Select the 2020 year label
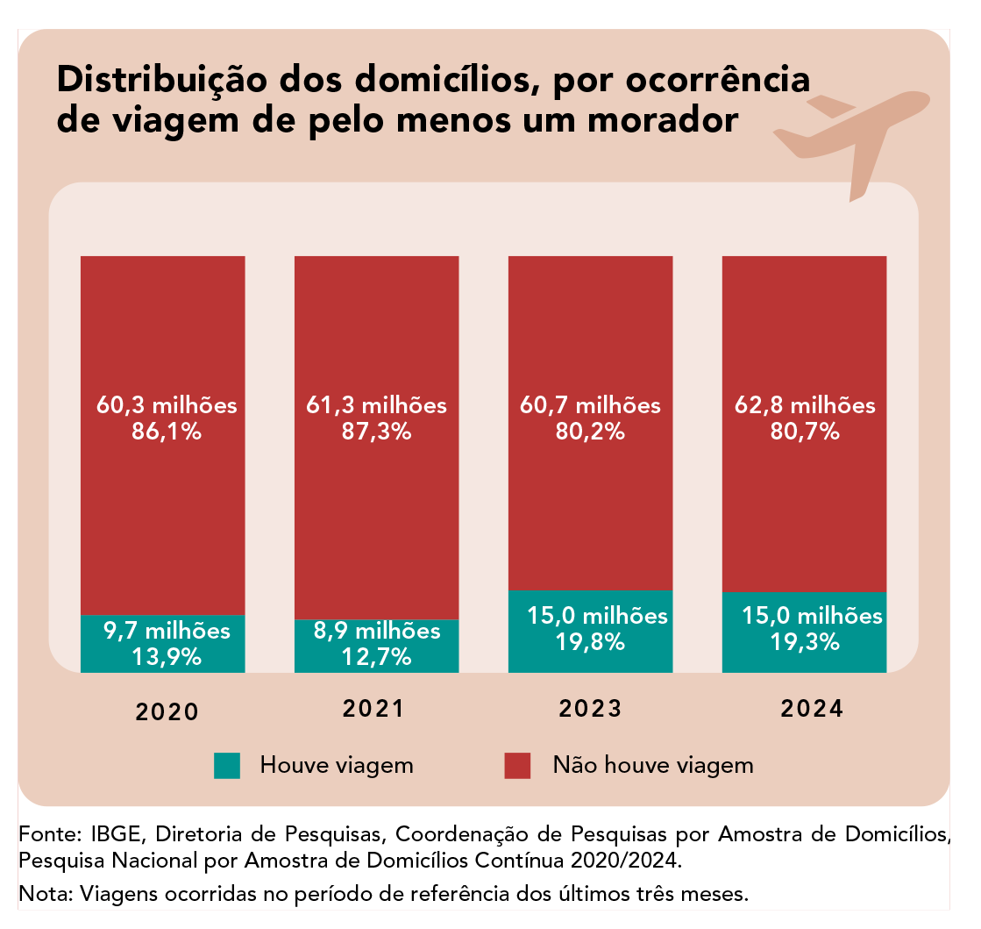click(167, 711)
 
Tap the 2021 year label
click(373, 709)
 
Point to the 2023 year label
click(588, 709)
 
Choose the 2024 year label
click(803, 709)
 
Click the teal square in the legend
click(226, 765)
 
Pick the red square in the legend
click(517, 765)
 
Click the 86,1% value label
click(167, 432)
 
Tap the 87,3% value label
click(376, 432)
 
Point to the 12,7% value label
click(376, 656)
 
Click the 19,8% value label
click(590, 641)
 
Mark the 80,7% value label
click(804, 432)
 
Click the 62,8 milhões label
click(804, 405)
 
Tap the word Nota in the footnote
click(45, 895)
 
